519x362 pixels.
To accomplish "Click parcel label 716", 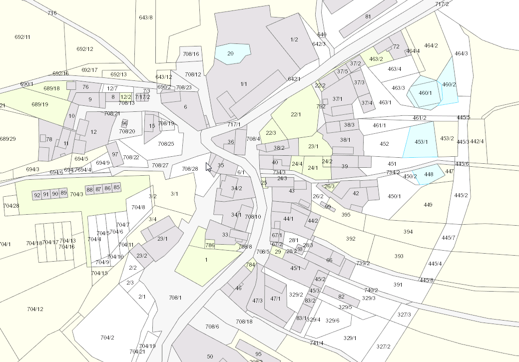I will [52, 13].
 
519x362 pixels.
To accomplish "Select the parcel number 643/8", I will [146, 17].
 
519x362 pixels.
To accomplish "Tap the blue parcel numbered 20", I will [230, 53].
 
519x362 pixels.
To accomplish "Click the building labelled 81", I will [368, 16].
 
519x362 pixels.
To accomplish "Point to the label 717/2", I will [442, 4].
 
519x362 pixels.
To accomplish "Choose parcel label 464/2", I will [431, 45].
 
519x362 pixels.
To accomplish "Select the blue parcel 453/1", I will [422, 142].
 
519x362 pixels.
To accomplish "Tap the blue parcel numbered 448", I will [429, 174].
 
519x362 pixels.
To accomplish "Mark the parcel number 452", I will [384, 144].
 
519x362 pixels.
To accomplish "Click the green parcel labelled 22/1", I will [296, 114].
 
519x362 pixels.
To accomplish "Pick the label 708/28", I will [190, 169].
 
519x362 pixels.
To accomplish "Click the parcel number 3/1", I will [174, 194].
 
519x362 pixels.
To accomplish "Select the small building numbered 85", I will [117, 188].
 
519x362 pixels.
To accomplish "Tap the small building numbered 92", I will [37, 195].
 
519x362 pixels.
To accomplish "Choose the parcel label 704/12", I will [35, 309].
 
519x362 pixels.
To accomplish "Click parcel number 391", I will [398, 285].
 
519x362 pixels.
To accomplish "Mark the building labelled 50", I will [210, 357].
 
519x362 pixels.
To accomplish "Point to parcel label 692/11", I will [22, 37].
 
